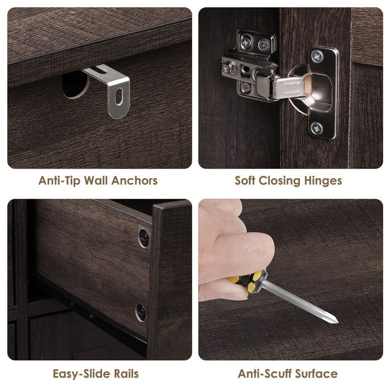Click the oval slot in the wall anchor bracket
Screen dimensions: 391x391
pos(119,96)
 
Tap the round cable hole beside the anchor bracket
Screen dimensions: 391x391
pos(75,84)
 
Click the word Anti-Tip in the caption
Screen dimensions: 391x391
pos(59,180)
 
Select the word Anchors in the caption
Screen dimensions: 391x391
pos(135,180)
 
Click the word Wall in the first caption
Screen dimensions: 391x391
pos(96,180)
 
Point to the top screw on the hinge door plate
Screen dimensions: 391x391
pos(317,57)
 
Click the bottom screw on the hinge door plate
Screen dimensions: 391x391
pos(317,128)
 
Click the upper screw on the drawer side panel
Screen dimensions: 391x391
pos(144,238)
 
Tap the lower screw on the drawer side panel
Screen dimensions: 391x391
pos(141,312)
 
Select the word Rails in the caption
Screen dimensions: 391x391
pos(126,374)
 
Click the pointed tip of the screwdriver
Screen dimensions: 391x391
pos(337,322)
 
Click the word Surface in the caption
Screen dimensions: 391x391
pos(316,374)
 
